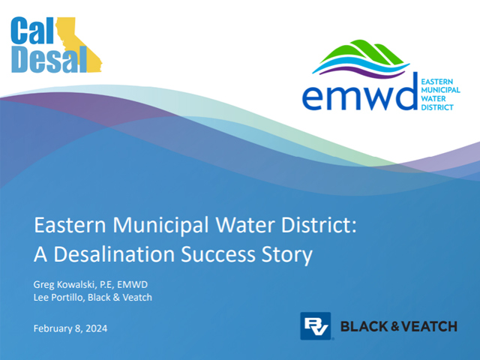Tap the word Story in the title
click(x=289, y=254)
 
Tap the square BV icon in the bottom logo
click(x=315, y=325)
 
